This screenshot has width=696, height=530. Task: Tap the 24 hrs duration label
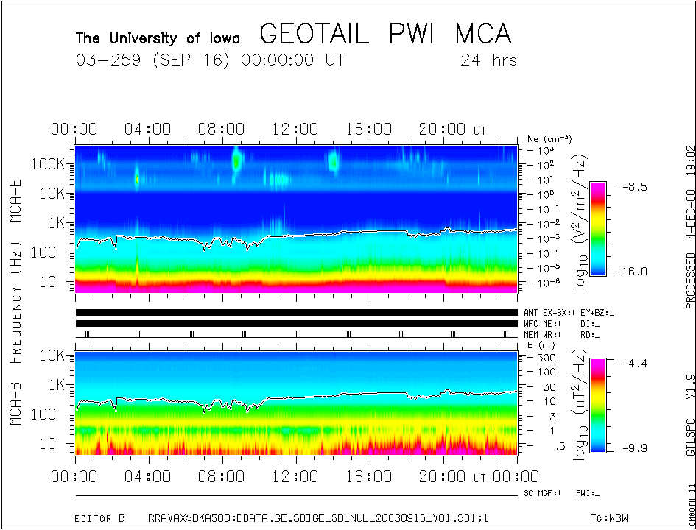coord(488,60)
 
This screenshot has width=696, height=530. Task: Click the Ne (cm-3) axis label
coord(549,138)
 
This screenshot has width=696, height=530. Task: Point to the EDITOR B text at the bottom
coord(100,518)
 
